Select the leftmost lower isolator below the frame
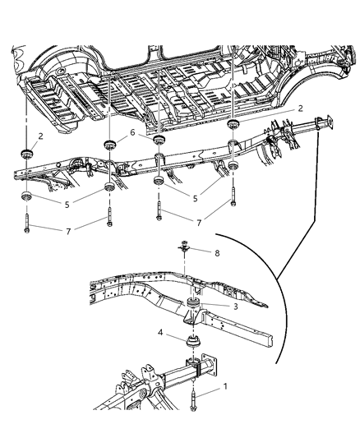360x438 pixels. click(x=29, y=198)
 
